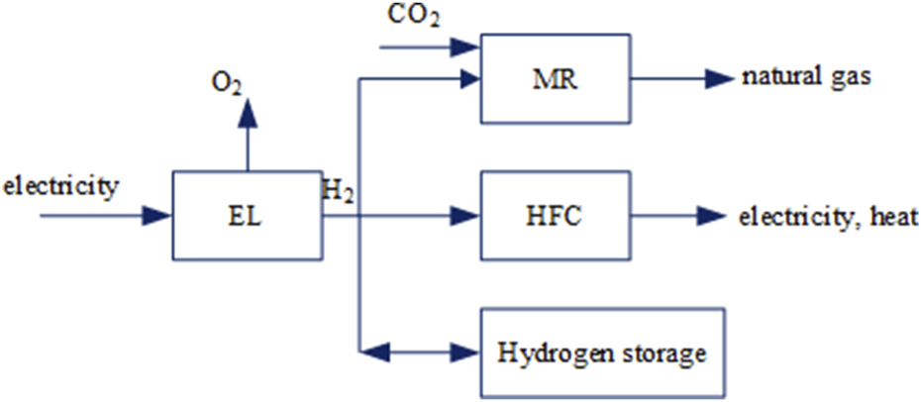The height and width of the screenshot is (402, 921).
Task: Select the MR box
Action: pyautogui.click(x=555, y=79)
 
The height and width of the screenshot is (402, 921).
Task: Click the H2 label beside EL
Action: pyautogui.click(x=339, y=189)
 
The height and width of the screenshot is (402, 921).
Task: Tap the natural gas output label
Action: pyautogui.click(x=807, y=78)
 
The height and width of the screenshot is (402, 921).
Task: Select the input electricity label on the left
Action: pyautogui.click(x=61, y=184)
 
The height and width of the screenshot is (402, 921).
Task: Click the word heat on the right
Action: pyautogui.click(x=897, y=216)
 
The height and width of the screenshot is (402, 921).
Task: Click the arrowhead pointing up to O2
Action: pyautogui.click(x=248, y=112)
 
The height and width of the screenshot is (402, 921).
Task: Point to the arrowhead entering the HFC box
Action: pyautogui.click(x=466, y=214)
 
